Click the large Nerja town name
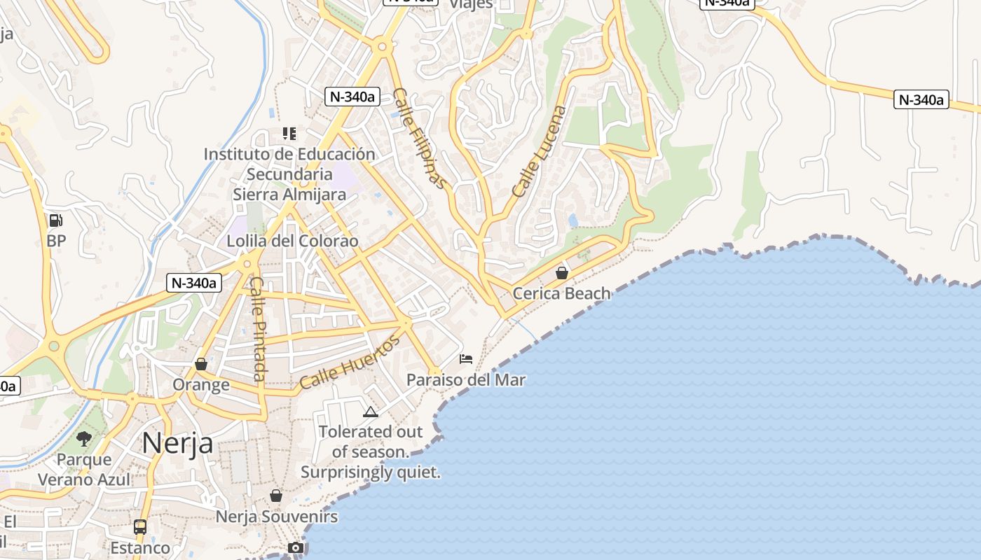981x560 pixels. (x=177, y=443)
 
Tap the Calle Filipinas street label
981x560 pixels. (x=419, y=138)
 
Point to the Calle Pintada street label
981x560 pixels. (x=258, y=329)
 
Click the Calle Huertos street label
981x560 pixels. (x=349, y=362)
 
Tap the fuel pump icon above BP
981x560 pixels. (x=55, y=220)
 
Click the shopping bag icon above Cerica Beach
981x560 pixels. (x=561, y=272)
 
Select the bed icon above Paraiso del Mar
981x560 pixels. (x=466, y=359)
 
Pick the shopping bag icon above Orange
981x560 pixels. (x=201, y=364)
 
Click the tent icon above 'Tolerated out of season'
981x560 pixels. (x=371, y=412)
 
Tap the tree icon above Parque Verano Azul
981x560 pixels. (x=84, y=439)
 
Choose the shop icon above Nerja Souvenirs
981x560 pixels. (x=276, y=496)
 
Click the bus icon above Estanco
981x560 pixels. (x=140, y=526)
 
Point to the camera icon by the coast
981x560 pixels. (x=296, y=547)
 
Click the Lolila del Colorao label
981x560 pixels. (x=292, y=241)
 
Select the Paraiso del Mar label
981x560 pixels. (x=466, y=380)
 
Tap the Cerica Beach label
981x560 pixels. (x=561, y=293)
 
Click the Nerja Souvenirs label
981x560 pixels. (x=277, y=517)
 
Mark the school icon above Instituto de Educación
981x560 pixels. (x=289, y=133)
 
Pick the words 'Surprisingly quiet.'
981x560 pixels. (x=371, y=472)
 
